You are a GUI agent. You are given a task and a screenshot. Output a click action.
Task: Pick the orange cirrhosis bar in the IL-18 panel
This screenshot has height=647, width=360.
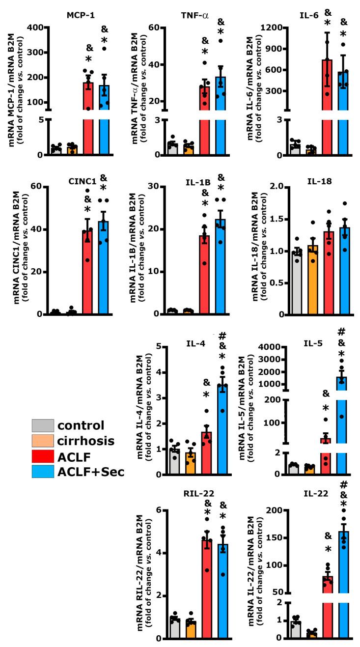313,280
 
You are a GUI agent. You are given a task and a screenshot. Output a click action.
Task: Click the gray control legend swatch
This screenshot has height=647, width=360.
43,425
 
